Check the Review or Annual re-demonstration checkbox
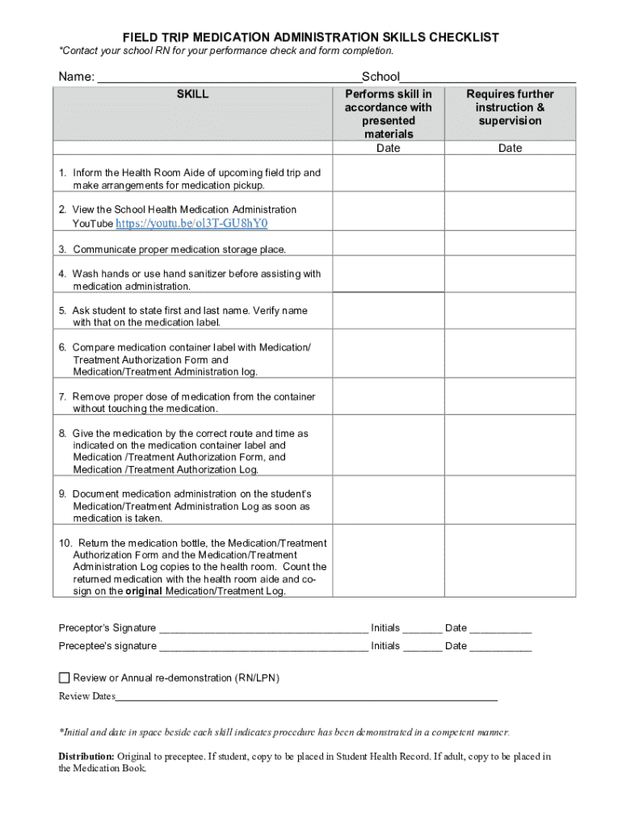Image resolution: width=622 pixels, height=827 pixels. click(x=65, y=678)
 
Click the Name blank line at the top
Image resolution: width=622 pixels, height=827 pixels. click(x=229, y=78)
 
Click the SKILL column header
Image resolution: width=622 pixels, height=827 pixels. click(x=192, y=94)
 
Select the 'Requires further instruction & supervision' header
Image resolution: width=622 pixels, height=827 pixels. click(x=510, y=107)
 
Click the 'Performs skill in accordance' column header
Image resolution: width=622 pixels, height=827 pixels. click(x=388, y=114)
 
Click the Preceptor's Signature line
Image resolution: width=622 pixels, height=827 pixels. click(x=263, y=629)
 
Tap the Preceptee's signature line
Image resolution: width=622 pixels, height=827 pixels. click(x=263, y=647)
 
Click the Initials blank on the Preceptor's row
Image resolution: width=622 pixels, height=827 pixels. click(x=422, y=629)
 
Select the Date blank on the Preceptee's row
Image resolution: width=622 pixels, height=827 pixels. click(x=501, y=647)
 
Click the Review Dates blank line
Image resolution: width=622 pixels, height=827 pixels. click(x=307, y=697)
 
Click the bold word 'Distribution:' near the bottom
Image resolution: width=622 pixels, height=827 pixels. click(x=86, y=756)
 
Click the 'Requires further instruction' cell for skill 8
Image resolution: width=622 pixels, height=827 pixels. click(x=510, y=451)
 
